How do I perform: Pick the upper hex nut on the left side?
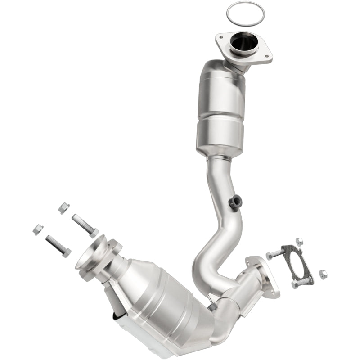pos(64,207)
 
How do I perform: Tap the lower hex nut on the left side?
pos(38,229)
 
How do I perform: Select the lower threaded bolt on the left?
pos(58,245)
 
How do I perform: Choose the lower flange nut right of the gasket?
pos(323,274)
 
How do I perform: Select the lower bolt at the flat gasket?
pos(301,283)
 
